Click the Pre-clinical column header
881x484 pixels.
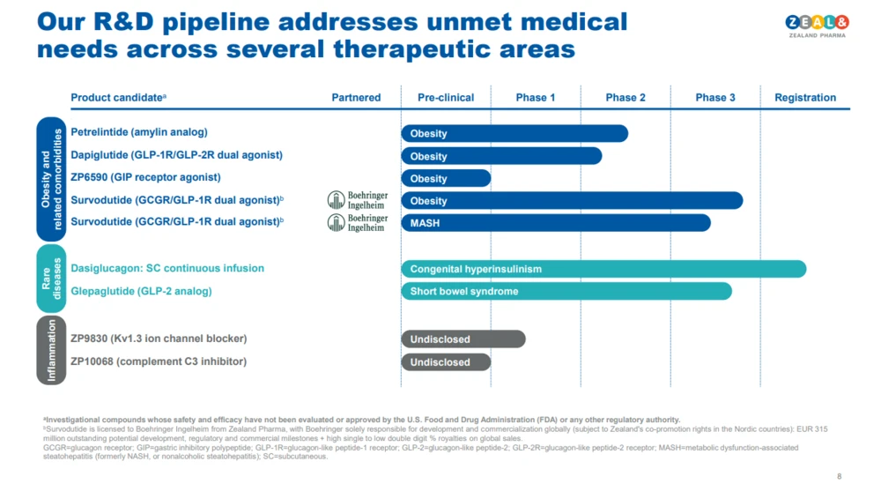(446, 98)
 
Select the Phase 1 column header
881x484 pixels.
(536, 98)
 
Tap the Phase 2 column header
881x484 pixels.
(626, 98)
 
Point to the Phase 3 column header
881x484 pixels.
(715, 98)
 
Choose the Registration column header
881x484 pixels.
(805, 98)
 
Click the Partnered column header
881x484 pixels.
(356, 98)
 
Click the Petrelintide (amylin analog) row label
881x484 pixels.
(139, 132)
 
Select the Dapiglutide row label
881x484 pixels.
(176, 155)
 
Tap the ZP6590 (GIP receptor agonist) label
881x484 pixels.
(145, 177)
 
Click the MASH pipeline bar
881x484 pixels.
(555, 223)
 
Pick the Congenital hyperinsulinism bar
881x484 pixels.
(603, 269)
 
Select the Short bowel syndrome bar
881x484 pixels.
(566, 291)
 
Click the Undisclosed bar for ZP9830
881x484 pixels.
(463, 339)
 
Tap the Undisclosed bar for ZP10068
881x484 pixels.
(446, 362)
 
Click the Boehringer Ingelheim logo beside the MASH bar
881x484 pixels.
(358, 223)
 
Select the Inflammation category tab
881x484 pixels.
(51, 351)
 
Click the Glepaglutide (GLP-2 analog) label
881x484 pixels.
(141, 291)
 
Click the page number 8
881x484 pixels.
(839, 477)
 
